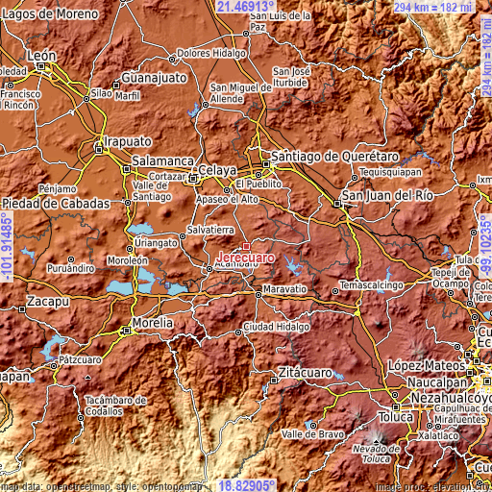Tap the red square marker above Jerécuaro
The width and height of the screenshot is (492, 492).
[246, 246]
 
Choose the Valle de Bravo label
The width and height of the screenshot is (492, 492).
[313, 434]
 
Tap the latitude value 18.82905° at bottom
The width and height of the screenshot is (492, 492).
[246, 485]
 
